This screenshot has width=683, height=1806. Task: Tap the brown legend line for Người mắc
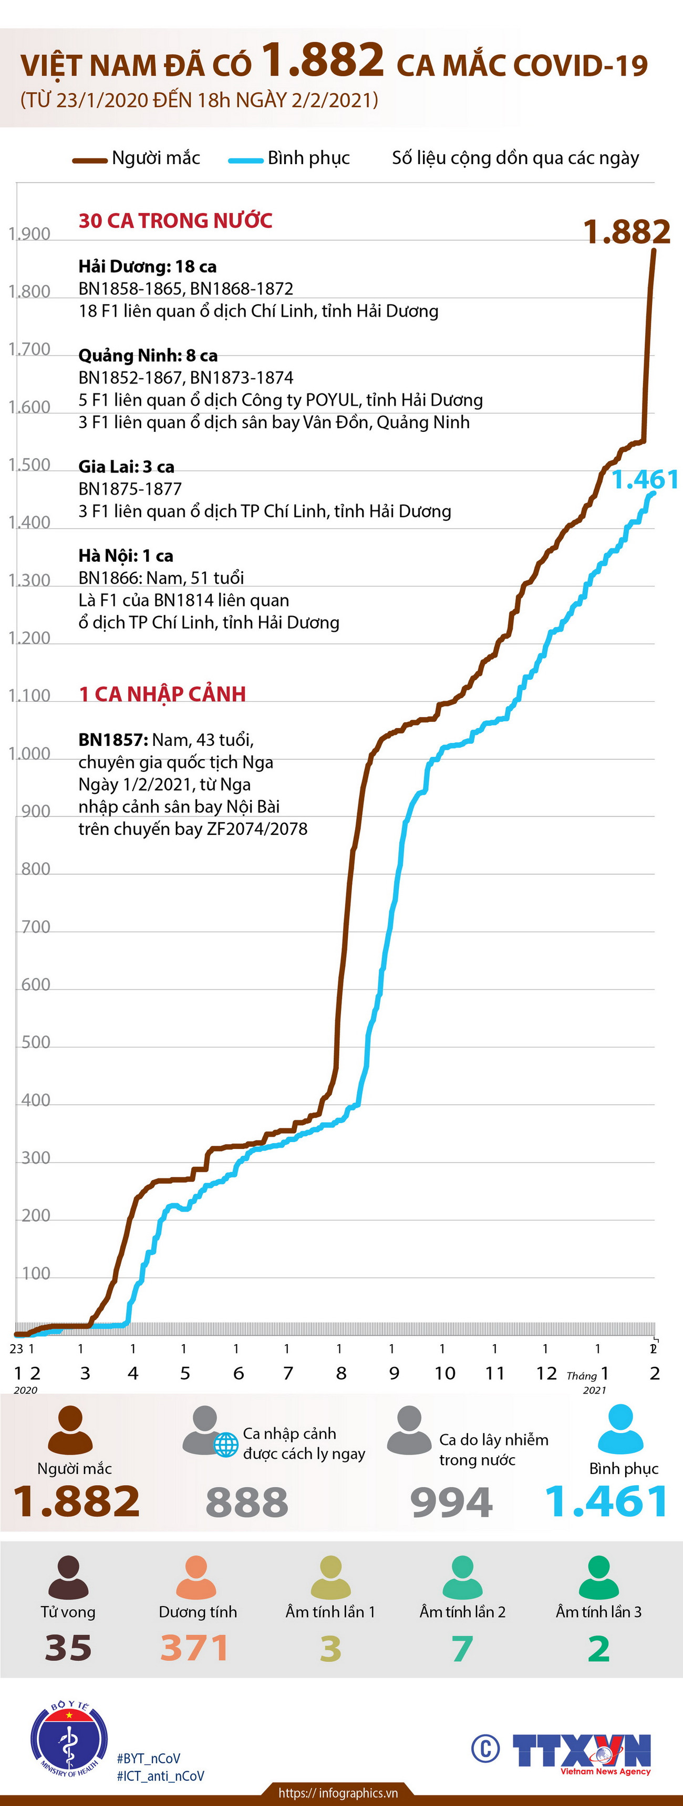[x=90, y=160]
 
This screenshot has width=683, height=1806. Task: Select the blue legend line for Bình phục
[x=245, y=160]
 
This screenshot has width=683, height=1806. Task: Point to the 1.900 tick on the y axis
[x=29, y=234]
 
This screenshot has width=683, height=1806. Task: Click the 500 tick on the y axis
[x=35, y=1043]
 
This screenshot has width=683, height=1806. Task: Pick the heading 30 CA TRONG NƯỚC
[x=175, y=221]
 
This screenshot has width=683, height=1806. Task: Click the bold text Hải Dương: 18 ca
[x=147, y=266]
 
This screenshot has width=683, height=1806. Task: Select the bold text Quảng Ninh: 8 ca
[x=148, y=356]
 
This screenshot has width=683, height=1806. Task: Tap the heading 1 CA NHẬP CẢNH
[x=162, y=694]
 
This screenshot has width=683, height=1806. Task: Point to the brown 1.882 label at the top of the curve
[x=626, y=232]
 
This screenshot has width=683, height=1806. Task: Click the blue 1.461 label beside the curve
[x=645, y=480]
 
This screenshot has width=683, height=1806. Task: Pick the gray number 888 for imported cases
[x=246, y=1502]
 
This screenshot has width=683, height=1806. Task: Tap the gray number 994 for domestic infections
[x=451, y=1502]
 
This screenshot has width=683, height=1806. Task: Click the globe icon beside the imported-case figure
[x=225, y=1445]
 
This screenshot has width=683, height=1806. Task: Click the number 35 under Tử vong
[x=68, y=1648]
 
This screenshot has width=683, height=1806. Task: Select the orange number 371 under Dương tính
[x=194, y=1648]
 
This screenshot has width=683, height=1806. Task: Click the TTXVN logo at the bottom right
[x=582, y=1751]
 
